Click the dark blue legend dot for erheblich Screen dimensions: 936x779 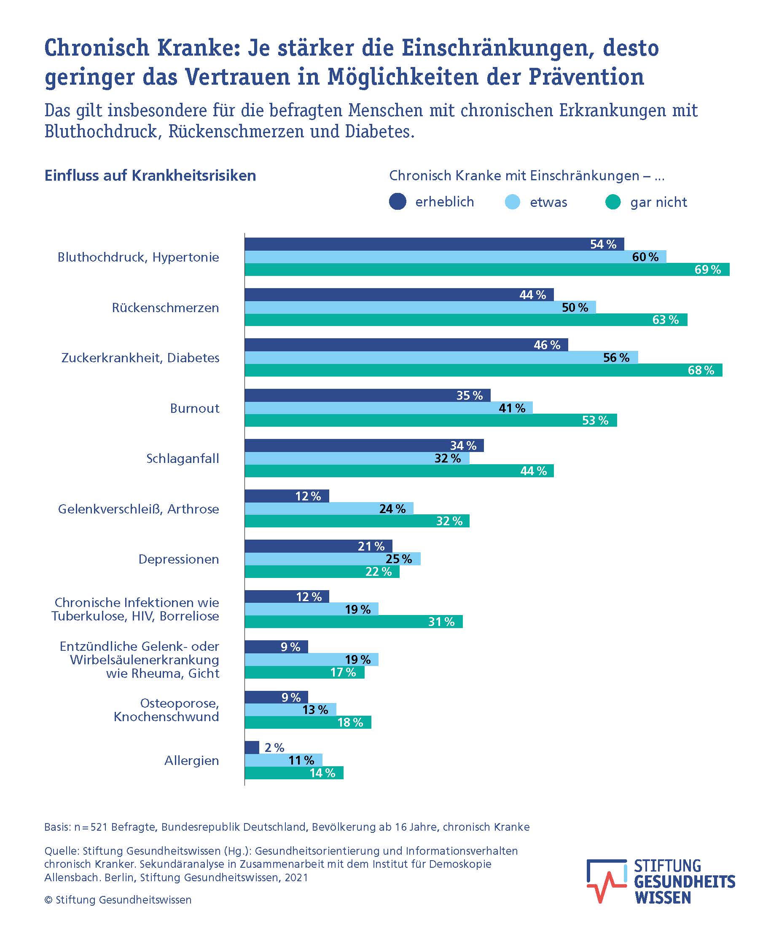[398, 201]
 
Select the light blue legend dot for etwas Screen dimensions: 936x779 [512, 202]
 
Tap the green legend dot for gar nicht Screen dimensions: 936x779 [613, 202]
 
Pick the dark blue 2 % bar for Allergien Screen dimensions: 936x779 [252, 747]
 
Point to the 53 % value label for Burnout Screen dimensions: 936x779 [595, 420]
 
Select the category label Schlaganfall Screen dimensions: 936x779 [183, 459]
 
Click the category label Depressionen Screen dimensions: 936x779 [179, 559]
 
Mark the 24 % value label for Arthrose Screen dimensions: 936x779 [392, 508]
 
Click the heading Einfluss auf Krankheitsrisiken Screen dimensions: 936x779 [150, 176]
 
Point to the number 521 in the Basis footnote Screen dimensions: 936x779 [99, 827]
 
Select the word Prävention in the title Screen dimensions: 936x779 [586, 77]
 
